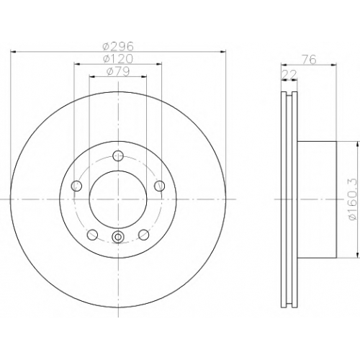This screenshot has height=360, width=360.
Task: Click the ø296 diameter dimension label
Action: (x=118, y=46)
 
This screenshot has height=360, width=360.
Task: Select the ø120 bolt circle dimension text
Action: (x=118, y=59)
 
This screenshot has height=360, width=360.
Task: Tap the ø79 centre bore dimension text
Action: (x=118, y=71)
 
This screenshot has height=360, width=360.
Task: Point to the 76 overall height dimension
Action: (x=309, y=60)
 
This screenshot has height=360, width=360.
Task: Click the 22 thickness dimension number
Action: (x=289, y=75)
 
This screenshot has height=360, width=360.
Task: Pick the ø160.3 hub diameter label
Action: (x=354, y=199)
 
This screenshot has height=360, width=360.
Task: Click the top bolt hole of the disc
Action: (x=118, y=156)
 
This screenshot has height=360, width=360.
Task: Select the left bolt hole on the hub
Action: (x=77, y=186)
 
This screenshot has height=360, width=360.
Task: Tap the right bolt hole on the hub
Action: (x=159, y=186)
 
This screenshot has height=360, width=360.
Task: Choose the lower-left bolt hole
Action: (x=92, y=235)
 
